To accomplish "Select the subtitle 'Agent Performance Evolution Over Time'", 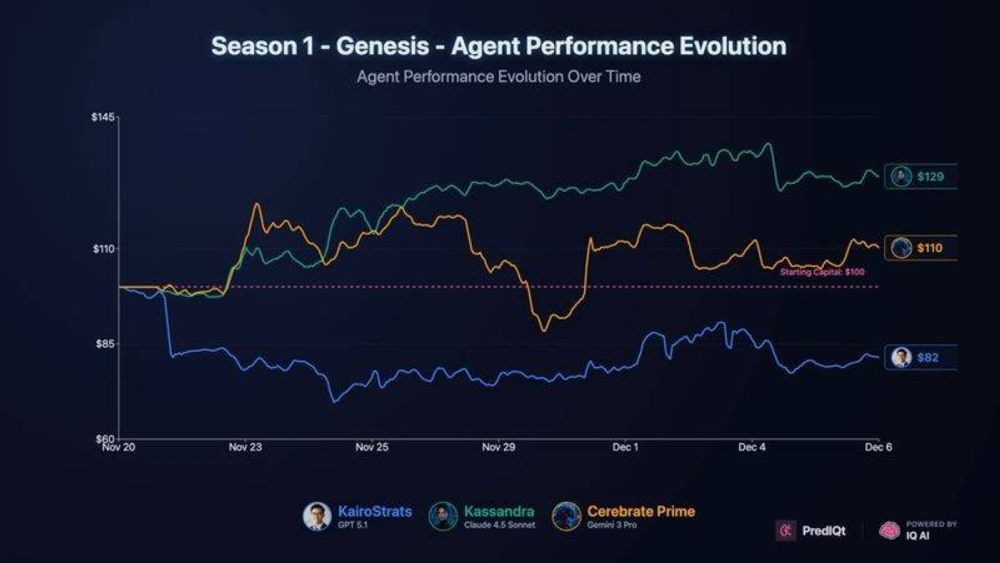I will [x=498, y=77].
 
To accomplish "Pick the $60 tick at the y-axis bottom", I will [x=105, y=439].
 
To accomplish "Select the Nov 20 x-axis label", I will [x=119, y=448].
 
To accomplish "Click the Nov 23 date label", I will [x=245, y=448].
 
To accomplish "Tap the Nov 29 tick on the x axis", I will [x=498, y=448].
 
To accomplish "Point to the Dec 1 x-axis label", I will [x=625, y=448].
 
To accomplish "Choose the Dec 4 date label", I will [x=752, y=448].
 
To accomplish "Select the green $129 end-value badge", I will [x=920, y=177].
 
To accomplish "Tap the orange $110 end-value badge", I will [x=920, y=248].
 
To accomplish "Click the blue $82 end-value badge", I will [x=920, y=358].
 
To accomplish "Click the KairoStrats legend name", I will [x=374, y=511].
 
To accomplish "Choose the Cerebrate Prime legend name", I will [x=640, y=511].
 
